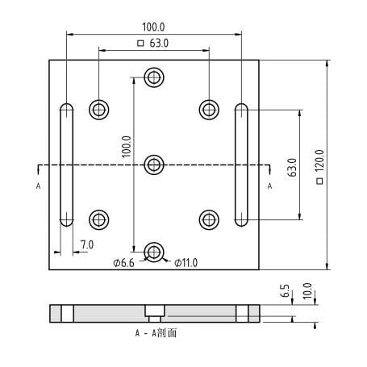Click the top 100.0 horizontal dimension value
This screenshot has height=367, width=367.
point(153,27)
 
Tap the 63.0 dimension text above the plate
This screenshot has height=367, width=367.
point(159,43)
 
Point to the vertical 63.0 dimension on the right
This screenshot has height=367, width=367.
point(292,168)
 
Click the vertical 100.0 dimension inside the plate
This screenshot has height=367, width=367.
point(127,147)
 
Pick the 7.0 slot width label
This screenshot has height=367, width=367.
point(87,244)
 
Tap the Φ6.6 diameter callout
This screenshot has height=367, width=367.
point(123,263)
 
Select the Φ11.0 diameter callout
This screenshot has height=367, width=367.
point(186,263)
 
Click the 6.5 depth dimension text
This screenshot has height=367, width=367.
point(285,290)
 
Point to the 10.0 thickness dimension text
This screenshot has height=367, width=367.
point(307,291)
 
